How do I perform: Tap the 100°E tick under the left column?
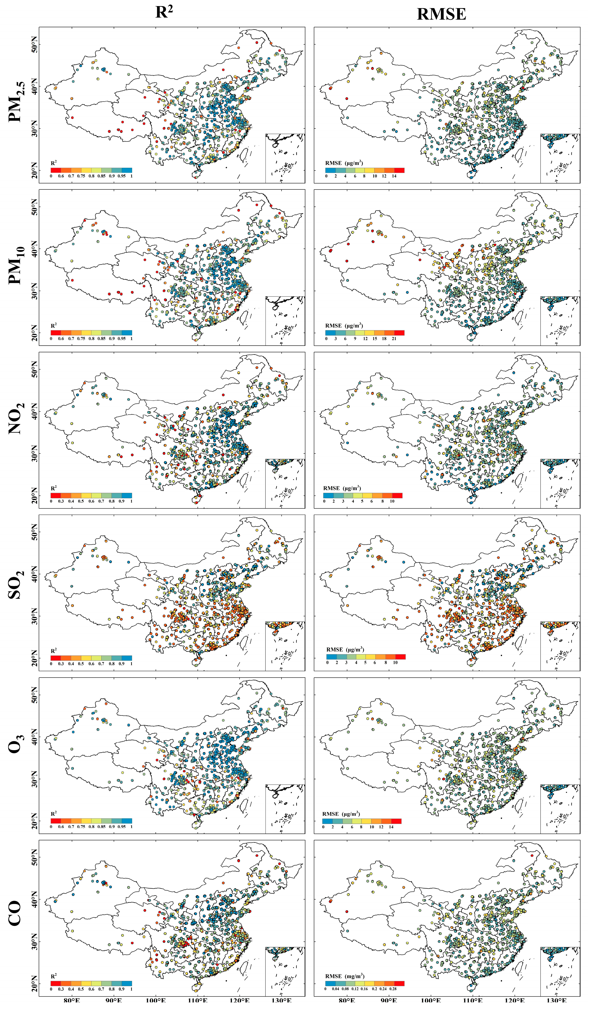[156, 1006]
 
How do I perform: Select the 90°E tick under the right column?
[389, 1006]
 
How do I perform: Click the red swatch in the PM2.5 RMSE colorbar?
[399, 170]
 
